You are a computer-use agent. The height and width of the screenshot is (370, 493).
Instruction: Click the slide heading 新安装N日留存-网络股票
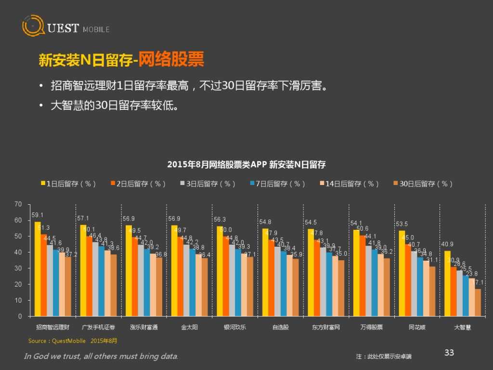121,60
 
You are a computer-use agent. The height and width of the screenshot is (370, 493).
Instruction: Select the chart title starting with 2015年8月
246,165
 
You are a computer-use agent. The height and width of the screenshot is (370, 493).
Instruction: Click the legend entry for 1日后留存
69,184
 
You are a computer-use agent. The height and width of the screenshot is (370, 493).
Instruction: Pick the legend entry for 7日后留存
278,184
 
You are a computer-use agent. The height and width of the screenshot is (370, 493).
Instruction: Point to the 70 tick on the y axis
18,205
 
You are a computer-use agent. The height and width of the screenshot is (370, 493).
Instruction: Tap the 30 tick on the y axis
18,268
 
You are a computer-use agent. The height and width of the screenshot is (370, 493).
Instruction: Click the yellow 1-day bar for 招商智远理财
38,269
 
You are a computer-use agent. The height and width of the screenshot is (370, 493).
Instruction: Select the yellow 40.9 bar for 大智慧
447,284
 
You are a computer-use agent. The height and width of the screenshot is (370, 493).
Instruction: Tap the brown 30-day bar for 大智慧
478,303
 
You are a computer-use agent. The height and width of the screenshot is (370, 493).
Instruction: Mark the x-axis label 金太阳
189,328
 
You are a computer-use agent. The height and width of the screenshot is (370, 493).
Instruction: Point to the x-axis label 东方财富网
325,328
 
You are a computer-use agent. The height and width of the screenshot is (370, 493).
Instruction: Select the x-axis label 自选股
280,328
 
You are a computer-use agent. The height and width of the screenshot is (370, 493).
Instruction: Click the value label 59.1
37,215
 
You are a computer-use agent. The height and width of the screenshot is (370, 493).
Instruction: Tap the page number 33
449,353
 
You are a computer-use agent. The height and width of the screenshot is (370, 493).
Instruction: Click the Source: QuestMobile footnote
72,341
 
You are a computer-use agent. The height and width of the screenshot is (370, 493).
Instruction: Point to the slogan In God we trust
101,357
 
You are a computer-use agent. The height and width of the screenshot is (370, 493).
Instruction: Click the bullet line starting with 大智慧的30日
115,105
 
